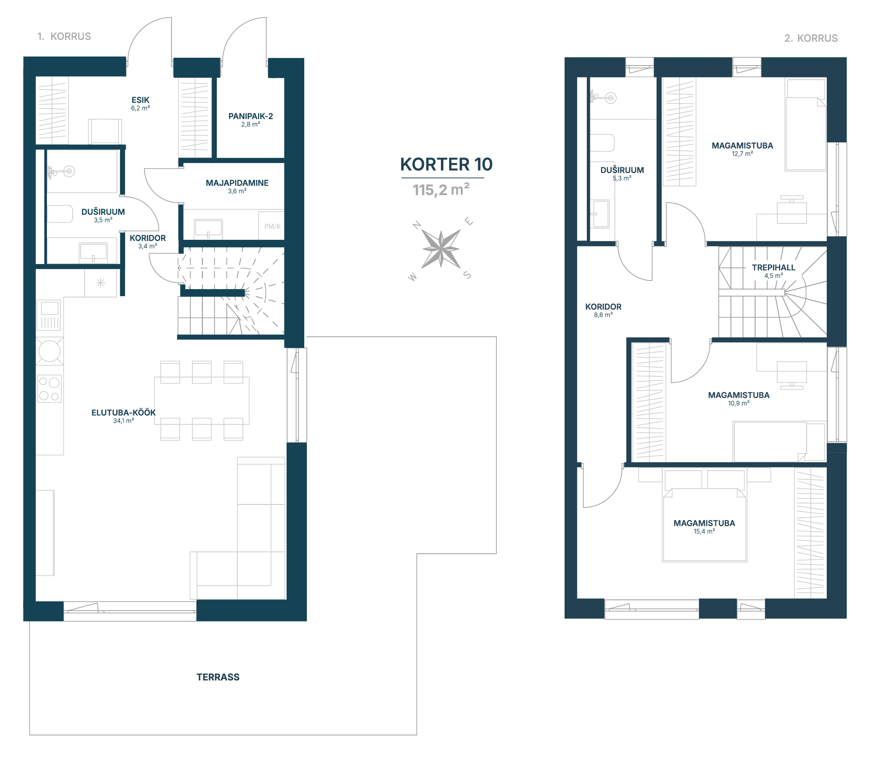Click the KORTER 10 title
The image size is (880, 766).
pyautogui.click(x=446, y=164)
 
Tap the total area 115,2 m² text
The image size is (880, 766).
pyautogui.click(x=441, y=190)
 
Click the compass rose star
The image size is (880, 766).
pyautogui.click(x=441, y=249)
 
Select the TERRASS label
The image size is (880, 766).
pyautogui.click(x=218, y=677)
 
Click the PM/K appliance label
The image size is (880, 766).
pyautogui.click(x=272, y=226)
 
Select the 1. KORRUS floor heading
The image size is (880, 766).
pyautogui.click(x=64, y=36)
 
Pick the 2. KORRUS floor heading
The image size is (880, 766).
pyautogui.click(x=811, y=38)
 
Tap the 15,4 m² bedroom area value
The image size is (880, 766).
pyautogui.click(x=704, y=531)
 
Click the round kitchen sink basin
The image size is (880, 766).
pyautogui.click(x=50, y=351)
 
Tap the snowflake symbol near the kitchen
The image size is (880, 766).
pyautogui.click(x=101, y=283)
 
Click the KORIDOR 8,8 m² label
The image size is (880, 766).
pyautogui.click(x=603, y=310)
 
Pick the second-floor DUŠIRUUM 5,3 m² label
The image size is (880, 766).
pyautogui.click(x=622, y=174)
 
